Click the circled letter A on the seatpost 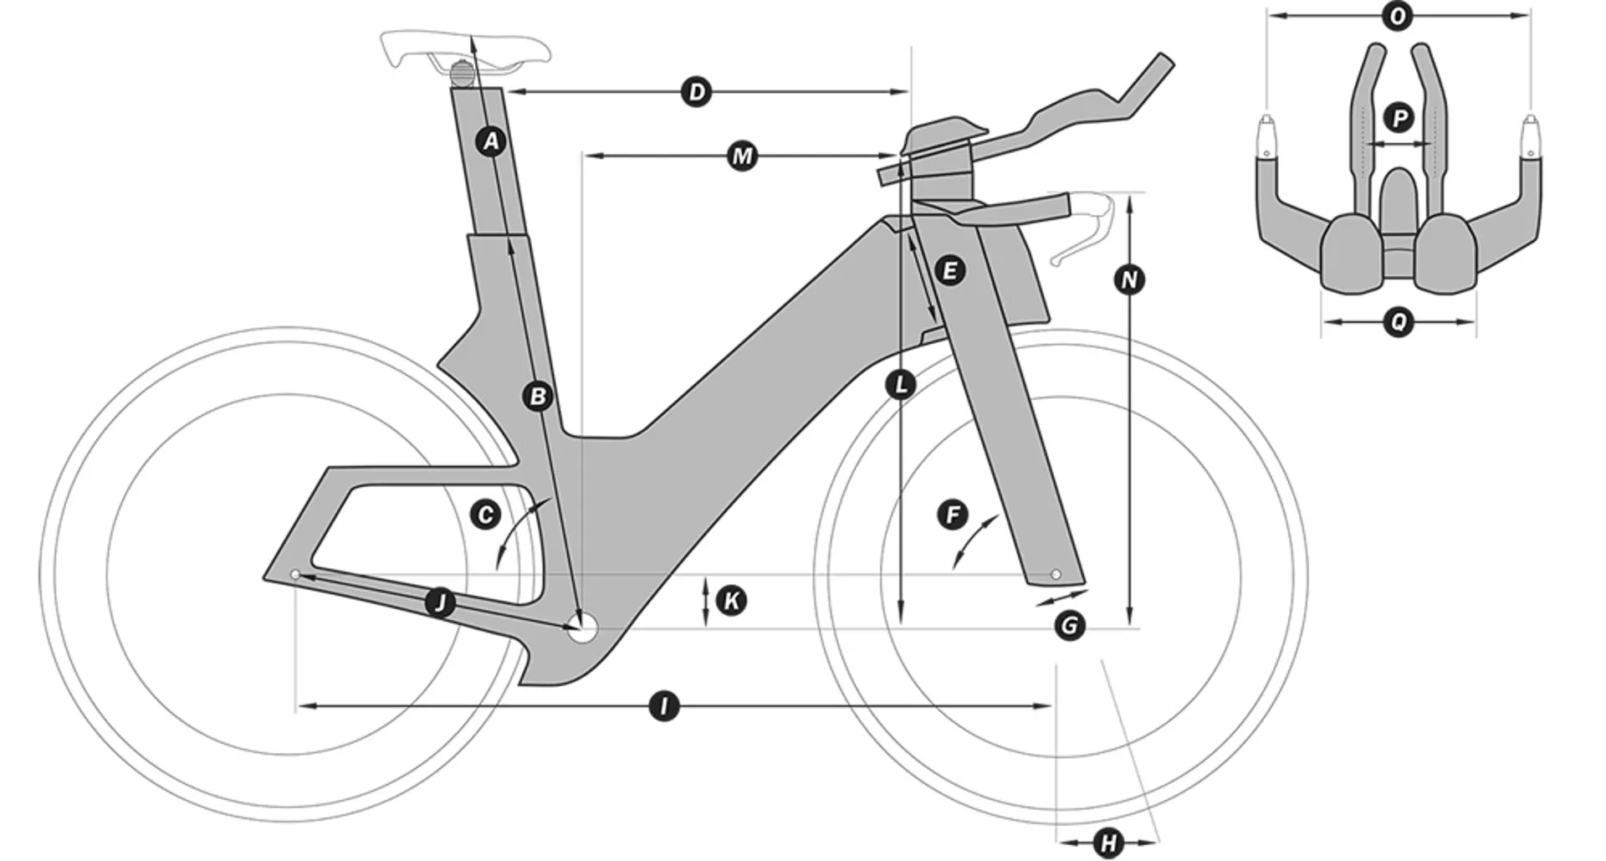[492, 141]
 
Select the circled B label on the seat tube [538, 396]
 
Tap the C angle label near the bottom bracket [485, 515]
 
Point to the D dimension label [697, 92]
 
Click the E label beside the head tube [949, 271]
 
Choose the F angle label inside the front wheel [953, 515]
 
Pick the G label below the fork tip [1070, 626]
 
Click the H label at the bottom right [1109, 843]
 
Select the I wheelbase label [664, 707]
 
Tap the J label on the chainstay [440, 602]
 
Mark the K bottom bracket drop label [732, 601]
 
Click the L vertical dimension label [901, 385]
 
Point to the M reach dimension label [742, 156]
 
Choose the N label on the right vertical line [1129, 279]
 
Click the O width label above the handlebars [1396, 16]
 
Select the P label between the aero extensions [1399, 118]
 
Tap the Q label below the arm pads [1399, 321]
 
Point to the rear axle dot [295, 575]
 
